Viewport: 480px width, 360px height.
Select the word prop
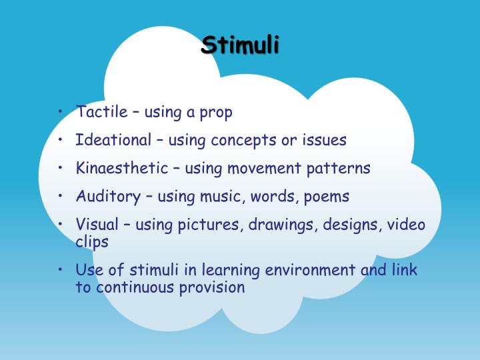click(x=216, y=113)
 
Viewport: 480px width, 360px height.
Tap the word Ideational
click(x=113, y=140)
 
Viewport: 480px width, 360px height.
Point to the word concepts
click(x=243, y=141)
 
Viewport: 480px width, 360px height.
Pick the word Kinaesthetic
click(x=123, y=168)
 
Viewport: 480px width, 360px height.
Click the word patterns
click(x=339, y=168)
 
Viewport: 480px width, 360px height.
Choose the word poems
click(x=326, y=197)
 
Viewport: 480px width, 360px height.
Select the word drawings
click(x=283, y=225)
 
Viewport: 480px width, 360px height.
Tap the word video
click(x=406, y=225)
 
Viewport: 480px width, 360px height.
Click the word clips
click(x=92, y=242)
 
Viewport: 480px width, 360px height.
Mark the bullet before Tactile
click(x=61, y=111)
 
